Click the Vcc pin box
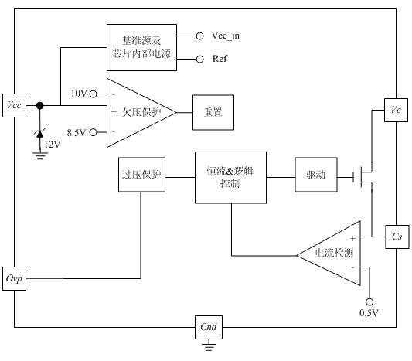click(15, 106)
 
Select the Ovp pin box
click(15, 278)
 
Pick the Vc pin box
click(397, 111)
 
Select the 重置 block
click(213, 112)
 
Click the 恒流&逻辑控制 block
click(230, 177)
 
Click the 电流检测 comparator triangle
click(331, 253)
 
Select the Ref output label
click(219, 59)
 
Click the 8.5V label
click(77, 131)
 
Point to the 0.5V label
click(369, 312)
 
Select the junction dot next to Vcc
click(39, 106)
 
